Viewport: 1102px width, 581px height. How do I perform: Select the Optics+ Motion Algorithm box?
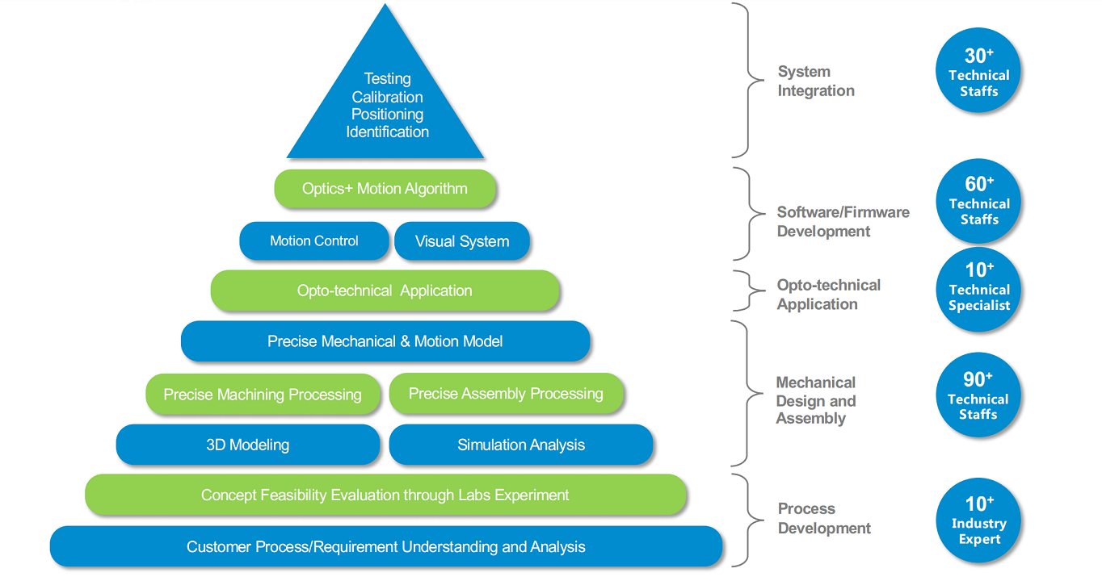coord(385,189)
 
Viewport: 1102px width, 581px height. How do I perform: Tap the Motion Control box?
coord(314,240)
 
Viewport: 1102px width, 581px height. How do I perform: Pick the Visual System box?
coord(462,240)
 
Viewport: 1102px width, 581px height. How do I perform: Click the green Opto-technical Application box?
coord(385,290)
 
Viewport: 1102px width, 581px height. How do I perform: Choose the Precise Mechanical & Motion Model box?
coord(385,341)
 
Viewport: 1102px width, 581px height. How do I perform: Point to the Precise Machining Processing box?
coord(263,394)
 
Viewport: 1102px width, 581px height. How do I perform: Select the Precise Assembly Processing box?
coord(507,394)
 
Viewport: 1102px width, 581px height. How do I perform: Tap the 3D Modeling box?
coord(248,445)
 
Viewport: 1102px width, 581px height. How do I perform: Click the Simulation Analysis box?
coord(521,445)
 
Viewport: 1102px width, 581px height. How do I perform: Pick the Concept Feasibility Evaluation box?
coord(385,495)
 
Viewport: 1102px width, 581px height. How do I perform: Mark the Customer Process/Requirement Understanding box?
coord(386,546)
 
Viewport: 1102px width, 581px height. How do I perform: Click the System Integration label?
coord(816,82)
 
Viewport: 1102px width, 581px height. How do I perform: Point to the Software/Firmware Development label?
coord(843,222)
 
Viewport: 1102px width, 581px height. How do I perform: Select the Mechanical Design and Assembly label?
coord(815,400)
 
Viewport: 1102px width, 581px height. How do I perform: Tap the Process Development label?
coord(824,519)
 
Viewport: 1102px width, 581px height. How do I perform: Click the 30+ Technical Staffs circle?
coord(978,71)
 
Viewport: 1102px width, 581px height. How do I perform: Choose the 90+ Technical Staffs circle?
coord(978,395)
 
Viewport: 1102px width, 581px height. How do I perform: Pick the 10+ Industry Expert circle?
coord(978,520)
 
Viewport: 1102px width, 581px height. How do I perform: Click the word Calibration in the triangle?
coord(387,97)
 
